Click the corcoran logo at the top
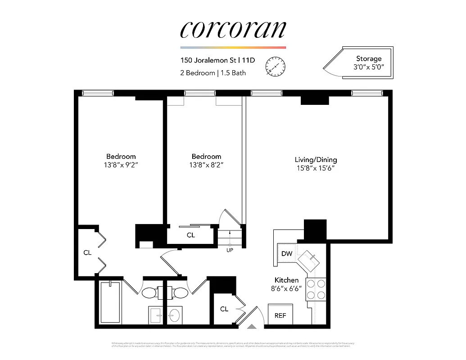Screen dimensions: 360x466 [x=233, y=30]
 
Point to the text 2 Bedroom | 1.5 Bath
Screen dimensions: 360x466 [x=213, y=73]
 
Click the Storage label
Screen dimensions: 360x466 [x=368, y=58]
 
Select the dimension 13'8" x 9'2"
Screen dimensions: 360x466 [x=121, y=165]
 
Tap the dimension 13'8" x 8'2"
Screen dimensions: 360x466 [x=207, y=165]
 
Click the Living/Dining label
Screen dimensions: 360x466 [x=316, y=160]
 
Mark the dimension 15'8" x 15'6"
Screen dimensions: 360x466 [x=316, y=168]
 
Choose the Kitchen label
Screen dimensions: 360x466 [x=286, y=280]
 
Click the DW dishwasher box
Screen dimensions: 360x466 [x=287, y=254]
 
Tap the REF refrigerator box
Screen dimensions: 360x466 [x=280, y=315]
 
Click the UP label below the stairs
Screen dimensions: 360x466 [x=230, y=250]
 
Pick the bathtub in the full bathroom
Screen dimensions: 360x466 [x=110, y=302]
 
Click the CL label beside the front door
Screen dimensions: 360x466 [x=224, y=309]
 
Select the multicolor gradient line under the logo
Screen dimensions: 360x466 [x=233, y=47]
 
